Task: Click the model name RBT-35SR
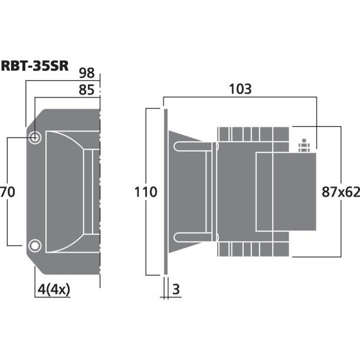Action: coord(35,66)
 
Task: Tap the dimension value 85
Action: coord(86,91)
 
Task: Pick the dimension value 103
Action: coord(240,89)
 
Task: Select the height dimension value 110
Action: coord(145,192)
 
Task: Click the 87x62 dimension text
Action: coord(341,192)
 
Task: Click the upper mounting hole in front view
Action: coord(35,138)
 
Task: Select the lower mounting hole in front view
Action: coord(35,245)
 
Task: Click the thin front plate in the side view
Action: coord(166,192)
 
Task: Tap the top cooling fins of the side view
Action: coord(254,134)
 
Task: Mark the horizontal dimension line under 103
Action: coord(240,98)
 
